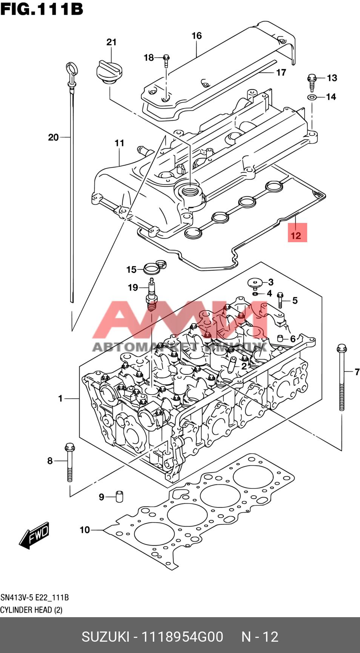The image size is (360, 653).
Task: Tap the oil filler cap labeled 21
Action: click(x=110, y=71)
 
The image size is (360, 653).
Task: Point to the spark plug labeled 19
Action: click(x=152, y=294)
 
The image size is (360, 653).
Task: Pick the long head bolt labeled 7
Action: click(x=342, y=377)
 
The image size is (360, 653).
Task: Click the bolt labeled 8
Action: click(x=69, y=462)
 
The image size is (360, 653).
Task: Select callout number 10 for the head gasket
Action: click(x=85, y=530)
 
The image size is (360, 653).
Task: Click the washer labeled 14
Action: click(x=312, y=97)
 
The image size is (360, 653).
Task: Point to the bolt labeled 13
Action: click(x=312, y=81)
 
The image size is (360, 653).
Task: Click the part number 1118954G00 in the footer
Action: click(x=182, y=636)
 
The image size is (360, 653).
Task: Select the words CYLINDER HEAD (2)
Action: click(x=31, y=610)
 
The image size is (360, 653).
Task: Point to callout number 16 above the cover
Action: click(x=197, y=36)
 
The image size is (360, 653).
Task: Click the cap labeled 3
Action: click(x=255, y=283)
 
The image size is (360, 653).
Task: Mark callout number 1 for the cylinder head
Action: click(x=60, y=398)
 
